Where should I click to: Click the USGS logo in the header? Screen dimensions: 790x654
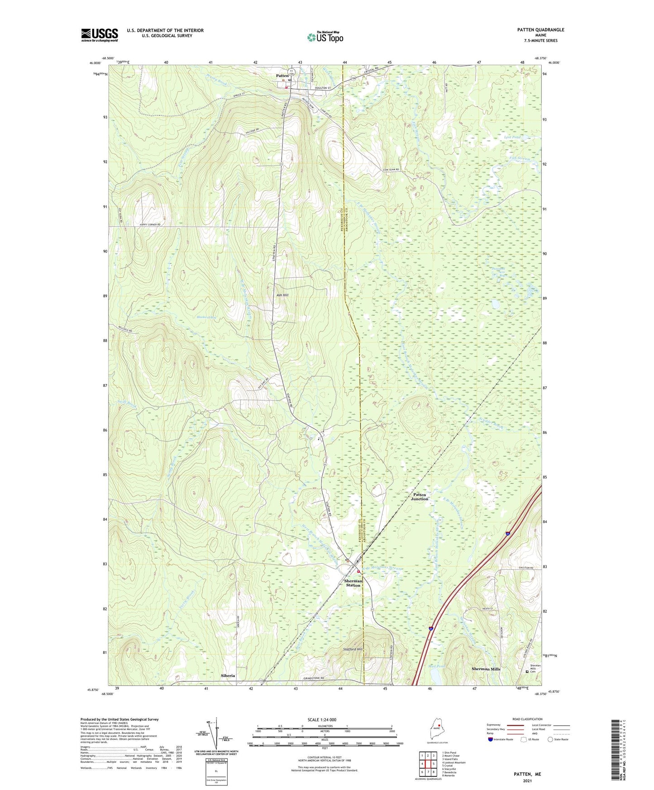pos(99,35)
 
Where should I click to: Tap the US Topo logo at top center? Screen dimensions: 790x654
pos(325,37)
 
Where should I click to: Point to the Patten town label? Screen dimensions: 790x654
pos(282,76)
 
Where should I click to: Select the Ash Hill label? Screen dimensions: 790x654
pos(282,295)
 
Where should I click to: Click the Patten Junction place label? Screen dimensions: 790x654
pos(419,497)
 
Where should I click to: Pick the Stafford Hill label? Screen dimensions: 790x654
pos(353,649)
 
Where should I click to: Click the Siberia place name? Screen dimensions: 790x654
pos(228,676)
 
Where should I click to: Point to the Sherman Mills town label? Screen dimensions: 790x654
pos(486,669)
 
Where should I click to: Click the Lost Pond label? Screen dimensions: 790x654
pos(512,137)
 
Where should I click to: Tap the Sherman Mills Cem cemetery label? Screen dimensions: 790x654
pos(535,669)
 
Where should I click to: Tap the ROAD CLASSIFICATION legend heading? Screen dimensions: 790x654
pos(527,719)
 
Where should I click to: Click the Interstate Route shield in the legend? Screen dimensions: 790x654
pos(491,740)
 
